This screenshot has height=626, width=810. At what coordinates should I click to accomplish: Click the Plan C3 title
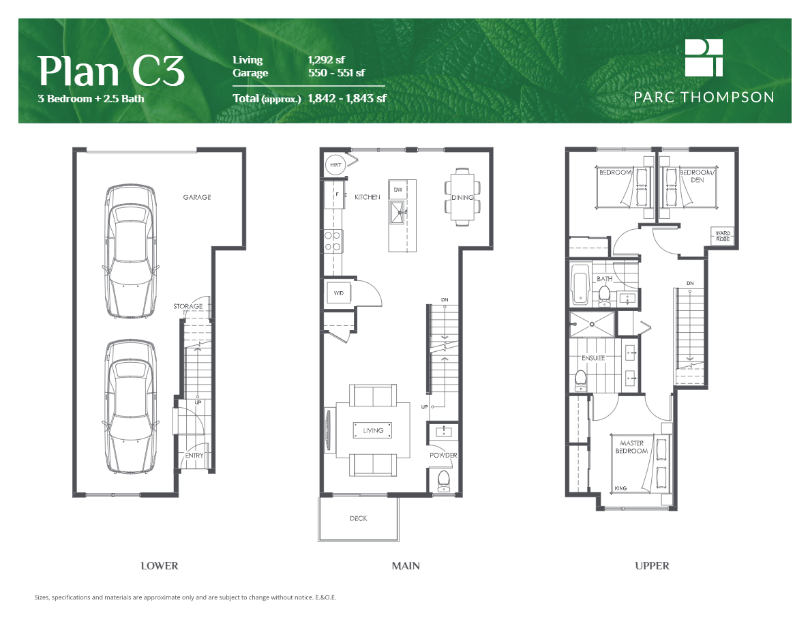coord(110,70)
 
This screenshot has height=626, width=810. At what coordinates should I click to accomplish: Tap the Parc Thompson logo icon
coord(704,57)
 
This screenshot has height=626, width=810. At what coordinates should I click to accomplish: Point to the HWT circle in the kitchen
coord(335,165)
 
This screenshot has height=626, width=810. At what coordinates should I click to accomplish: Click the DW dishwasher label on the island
coord(399,189)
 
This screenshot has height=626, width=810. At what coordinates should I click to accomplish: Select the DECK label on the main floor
coord(358,519)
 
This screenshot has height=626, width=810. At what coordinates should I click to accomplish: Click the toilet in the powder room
coord(443,480)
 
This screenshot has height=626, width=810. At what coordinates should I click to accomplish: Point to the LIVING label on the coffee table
coord(373,430)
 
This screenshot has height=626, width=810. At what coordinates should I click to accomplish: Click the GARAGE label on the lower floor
coord(196,197)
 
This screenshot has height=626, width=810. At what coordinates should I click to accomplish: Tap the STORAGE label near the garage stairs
coord(187,306)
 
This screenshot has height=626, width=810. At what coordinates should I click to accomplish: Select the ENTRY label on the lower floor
coord(194,456)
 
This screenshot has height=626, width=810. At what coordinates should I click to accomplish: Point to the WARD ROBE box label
coord(723,237)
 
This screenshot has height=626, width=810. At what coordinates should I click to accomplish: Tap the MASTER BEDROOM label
coord(632,447)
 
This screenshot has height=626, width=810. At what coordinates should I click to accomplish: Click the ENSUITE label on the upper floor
coord(592,358)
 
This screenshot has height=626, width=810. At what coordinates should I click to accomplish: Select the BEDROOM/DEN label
coord(695,176)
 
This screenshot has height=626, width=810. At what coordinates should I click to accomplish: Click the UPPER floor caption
coord(652,565)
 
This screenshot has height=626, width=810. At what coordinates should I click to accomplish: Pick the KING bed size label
coord(620,488)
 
